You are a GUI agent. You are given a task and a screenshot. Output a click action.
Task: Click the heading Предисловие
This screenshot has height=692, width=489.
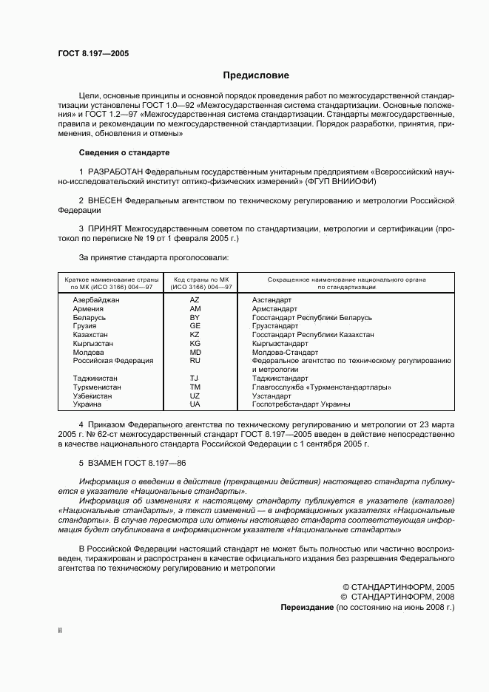[256, 75]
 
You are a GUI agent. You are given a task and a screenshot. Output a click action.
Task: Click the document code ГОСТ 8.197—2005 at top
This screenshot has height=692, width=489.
[87, 54]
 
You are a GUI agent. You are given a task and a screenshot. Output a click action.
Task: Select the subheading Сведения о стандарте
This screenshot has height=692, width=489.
[124, 152]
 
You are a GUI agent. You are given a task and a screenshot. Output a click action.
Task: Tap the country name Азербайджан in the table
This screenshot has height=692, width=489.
[95, 300]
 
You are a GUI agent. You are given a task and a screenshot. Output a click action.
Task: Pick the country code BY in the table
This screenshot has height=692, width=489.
[195, 317]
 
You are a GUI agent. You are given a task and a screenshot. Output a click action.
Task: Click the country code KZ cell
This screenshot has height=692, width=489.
[195, 335]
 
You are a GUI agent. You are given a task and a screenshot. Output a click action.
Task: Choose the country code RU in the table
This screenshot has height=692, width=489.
[195, 361]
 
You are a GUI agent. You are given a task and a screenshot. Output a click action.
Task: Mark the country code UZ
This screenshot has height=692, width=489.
[195, 396]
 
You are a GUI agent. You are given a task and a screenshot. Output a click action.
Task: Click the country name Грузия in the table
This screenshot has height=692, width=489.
[85, 326]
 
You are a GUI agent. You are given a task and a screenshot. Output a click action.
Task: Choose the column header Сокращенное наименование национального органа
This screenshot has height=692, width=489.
[346, 279]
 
